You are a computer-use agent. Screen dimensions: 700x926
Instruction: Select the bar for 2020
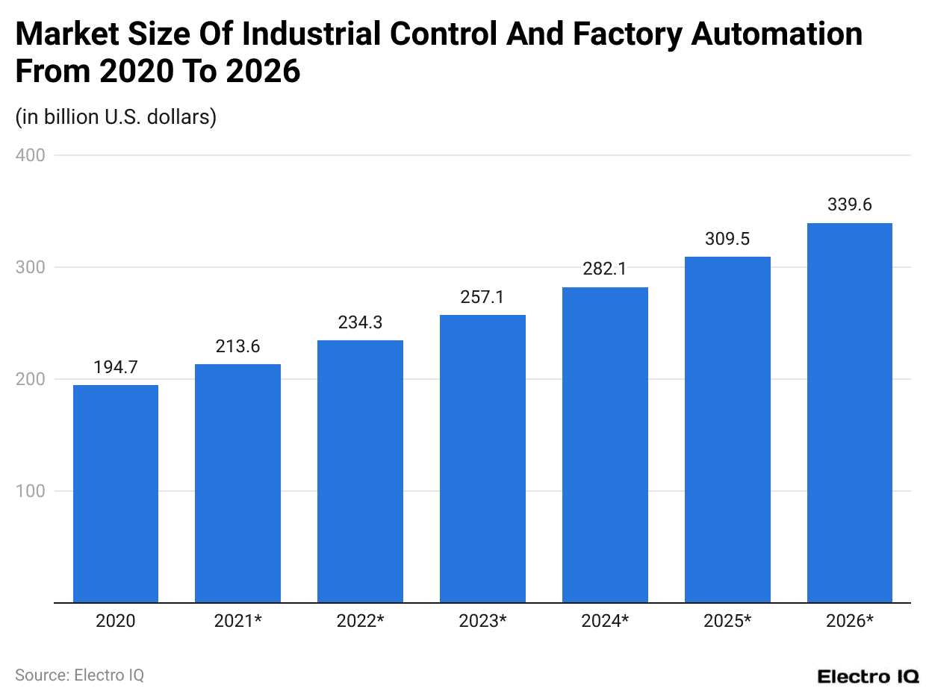(x=116, y=493)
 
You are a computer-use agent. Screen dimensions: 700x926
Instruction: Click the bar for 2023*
(x=482, y=458)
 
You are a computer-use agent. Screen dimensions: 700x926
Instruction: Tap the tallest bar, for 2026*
(x=850, y=413)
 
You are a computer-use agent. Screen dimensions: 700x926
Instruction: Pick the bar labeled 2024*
(x=605, y=445)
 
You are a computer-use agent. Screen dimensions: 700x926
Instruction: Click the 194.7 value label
(x=116, y=367)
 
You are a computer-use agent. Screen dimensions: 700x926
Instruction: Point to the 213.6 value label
(x=237, y=346)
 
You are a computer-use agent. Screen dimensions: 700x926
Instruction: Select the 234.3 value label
(x=360, y=322)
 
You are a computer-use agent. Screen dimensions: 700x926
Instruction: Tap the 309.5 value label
(x=727, y=240)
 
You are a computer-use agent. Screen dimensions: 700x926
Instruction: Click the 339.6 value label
(x=850, y=205)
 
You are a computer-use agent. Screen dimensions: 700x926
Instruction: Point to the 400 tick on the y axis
(x=30, y=155)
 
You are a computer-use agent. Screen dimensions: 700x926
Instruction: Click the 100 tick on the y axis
(x=30, y=491)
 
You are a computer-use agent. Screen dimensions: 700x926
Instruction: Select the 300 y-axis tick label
(x=30, y=267)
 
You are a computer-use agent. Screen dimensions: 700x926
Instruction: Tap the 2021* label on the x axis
(x=237, y=621)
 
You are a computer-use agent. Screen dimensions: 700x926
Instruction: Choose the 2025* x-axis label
(x=727, y=621)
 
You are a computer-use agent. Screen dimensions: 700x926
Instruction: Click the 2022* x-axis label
(x=360, y=621)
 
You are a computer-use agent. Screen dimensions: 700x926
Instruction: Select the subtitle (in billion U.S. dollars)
(x=116, y=117)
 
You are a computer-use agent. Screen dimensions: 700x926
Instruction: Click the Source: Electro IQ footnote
(x=79, y=675)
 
